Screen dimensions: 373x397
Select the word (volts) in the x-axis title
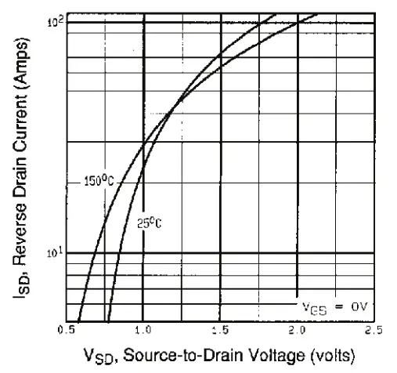323,353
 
